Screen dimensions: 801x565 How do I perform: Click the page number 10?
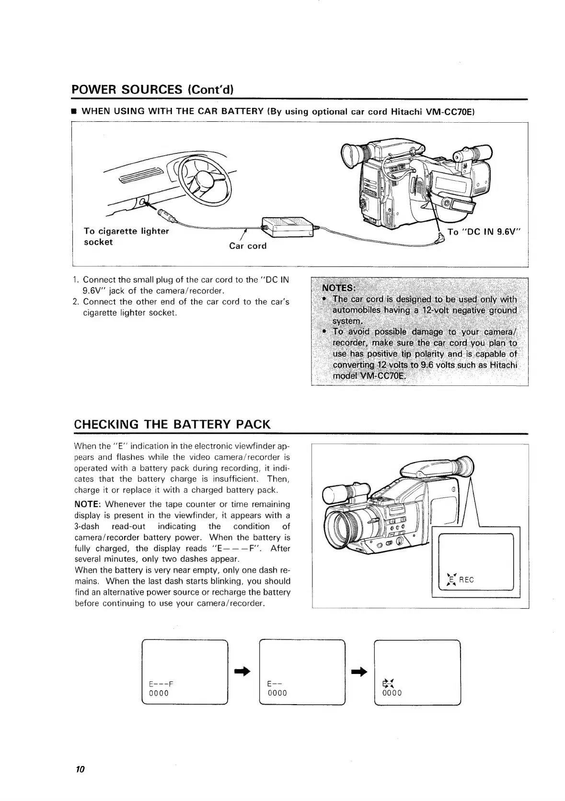click(80, 769)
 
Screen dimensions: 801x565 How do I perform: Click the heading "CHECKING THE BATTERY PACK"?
click(173, 424)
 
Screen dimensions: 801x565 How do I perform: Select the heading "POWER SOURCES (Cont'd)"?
click(152, 90)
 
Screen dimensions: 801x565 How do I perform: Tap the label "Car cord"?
click(247, 246)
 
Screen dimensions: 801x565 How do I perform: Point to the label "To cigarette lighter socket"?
click(126, 236)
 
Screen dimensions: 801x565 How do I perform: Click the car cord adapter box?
click(286, 226)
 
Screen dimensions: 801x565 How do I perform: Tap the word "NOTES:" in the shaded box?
click(339, 288)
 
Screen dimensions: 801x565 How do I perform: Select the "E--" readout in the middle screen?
click(274, 683)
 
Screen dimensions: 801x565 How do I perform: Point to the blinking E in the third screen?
click(386, 683)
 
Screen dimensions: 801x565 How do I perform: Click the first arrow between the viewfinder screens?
click(243, 672)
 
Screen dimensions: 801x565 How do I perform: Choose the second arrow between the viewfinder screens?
click(359, 672)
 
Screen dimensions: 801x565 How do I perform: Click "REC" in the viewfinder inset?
click(466, 580)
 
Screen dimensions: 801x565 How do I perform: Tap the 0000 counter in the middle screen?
click(277, 693)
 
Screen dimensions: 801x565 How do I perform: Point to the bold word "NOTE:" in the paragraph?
click(88, 504)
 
